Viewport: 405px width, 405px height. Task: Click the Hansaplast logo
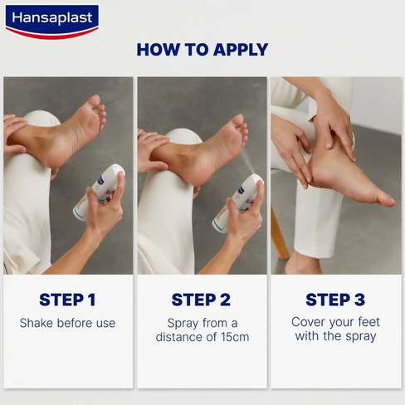[51, 21]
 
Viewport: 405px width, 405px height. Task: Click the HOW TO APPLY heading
[202, 49]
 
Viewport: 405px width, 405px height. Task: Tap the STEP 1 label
[67, 300]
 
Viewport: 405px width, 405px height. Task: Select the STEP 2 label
[202, 300]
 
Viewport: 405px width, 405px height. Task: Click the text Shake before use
[67, 323]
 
